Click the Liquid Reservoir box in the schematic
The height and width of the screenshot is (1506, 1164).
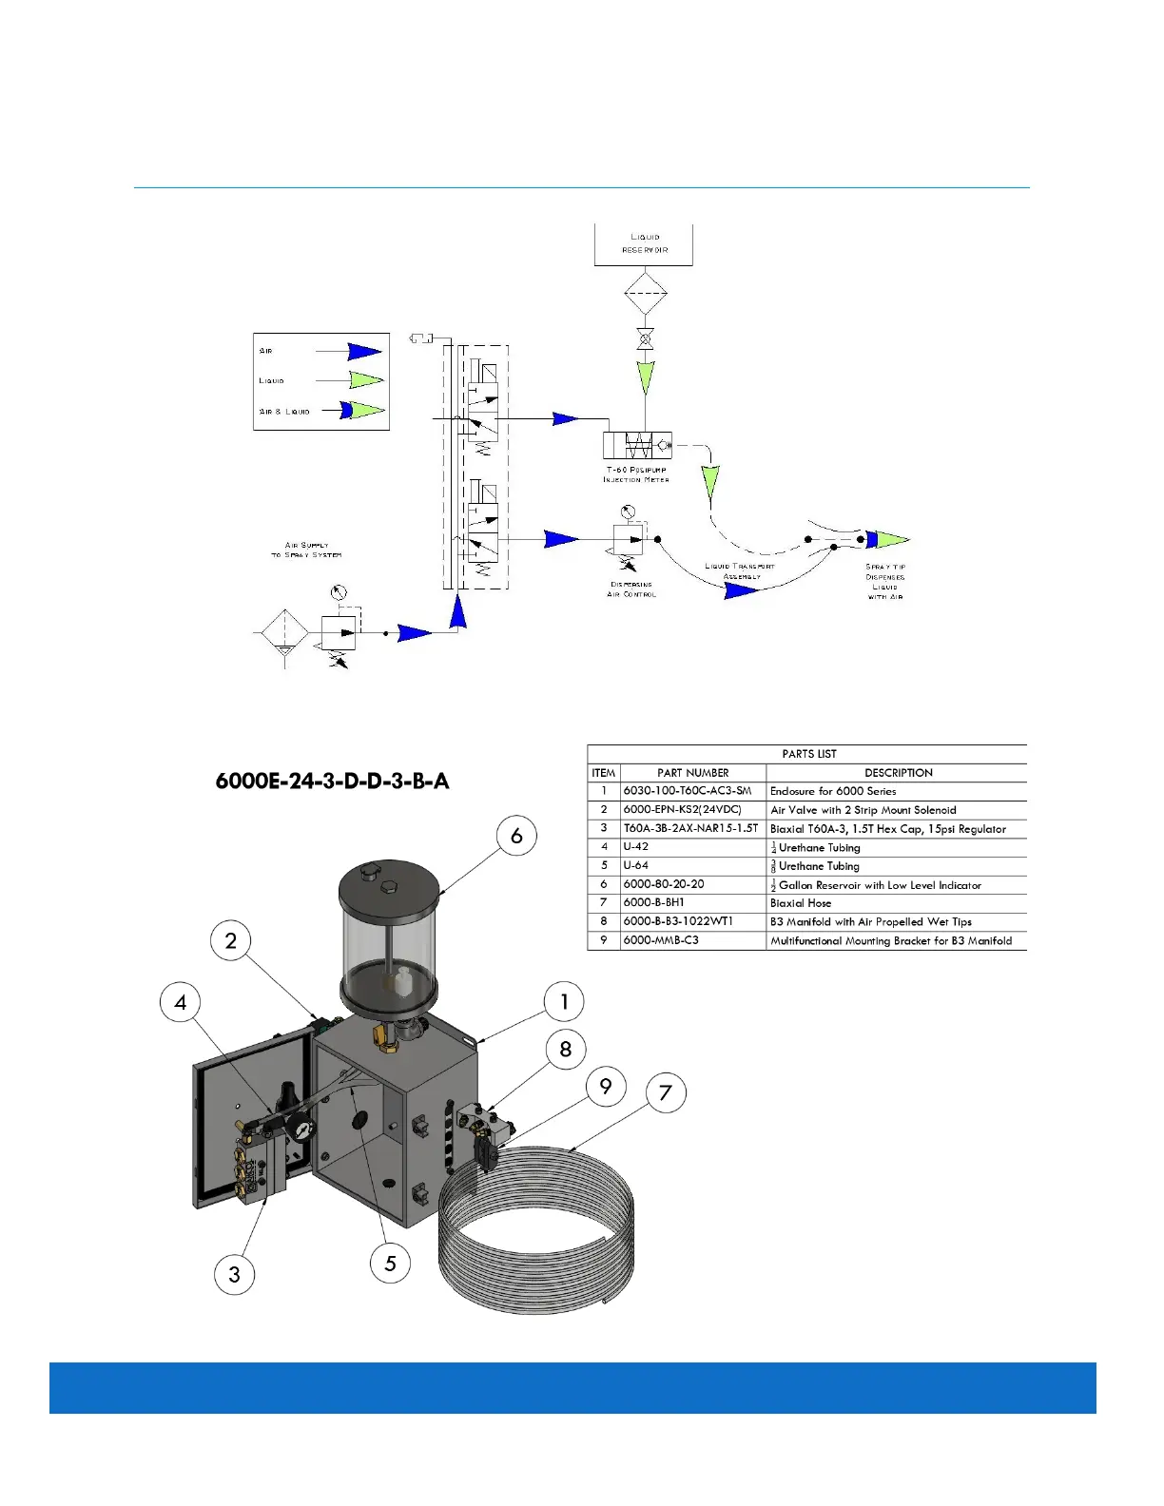(644, 243)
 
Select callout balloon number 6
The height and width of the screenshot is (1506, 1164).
(516, 836)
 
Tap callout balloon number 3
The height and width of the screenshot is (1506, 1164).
(235, 1274)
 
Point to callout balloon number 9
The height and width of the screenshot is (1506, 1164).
(606, 1087)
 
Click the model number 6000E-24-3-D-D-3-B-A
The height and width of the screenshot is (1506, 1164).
(332, 782)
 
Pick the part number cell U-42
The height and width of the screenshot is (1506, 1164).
(636, 847)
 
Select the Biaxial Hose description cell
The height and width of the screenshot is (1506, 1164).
(801, 903)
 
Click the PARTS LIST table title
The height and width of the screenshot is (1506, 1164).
(808, 754)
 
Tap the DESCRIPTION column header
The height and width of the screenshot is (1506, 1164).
(898, 773)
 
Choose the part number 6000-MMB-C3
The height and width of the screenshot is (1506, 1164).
(661, 940)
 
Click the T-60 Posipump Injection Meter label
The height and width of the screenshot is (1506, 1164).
(636, 474)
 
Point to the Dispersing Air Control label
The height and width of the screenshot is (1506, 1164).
(631, 589)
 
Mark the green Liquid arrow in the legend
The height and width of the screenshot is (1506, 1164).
(366, 380)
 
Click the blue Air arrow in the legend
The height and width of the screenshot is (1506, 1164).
(365, 352)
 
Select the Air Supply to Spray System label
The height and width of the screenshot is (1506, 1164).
(306, 550)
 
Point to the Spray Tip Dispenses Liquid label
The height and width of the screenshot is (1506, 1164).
(884, 582)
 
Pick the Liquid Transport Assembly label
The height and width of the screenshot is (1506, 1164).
(740, 571)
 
